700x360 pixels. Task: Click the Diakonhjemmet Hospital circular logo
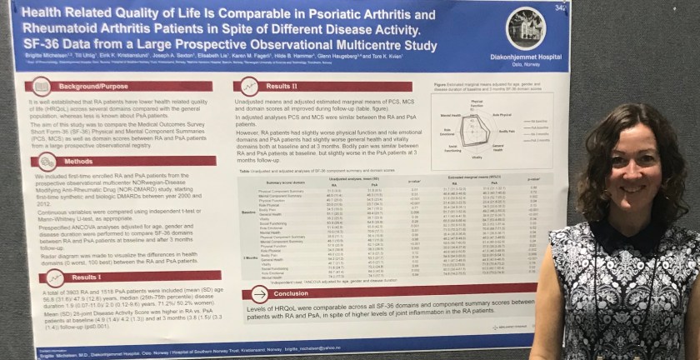[526, 27]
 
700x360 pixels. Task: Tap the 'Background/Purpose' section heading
[93, 85]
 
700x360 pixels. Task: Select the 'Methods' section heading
[79, 162]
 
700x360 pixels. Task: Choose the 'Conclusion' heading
[292, 293]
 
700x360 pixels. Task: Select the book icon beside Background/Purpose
[42, 85]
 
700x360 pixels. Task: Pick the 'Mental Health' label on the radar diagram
[451, 116]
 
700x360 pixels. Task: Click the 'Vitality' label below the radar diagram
[477, 157]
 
